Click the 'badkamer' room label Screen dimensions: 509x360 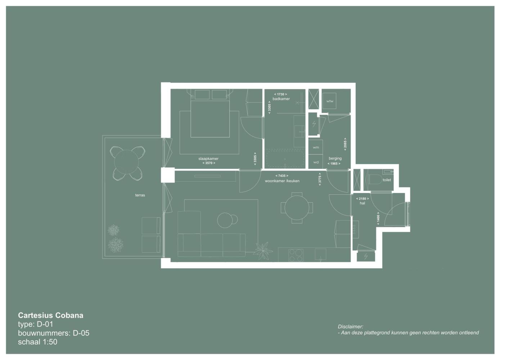coord(281,99)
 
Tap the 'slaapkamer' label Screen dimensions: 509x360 coord(208,159)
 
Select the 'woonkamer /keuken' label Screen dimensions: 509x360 coord(282,181)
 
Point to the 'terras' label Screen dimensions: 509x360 coord(140,195)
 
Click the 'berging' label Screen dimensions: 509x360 coord(335,158)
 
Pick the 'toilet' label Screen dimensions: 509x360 coord(387,180)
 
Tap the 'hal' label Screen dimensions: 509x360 coord(362,203)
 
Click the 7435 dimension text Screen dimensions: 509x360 coord(282,176)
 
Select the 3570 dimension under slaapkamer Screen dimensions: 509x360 coord(209,163)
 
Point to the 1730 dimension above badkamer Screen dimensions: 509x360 coord(280,94)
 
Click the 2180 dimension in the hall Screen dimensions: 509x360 coord(362,199)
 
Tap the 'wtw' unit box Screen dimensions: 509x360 coord(329,101)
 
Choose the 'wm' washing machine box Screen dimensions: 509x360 coord(316,147)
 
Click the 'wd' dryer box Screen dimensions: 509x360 coord(316,162)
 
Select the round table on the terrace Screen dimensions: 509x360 coord(126,162)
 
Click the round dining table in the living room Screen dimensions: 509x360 coord(297,208)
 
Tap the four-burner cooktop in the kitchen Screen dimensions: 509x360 coord(296,255)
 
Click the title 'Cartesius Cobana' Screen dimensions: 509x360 coord(51,315)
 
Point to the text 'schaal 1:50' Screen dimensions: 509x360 coord(37,342)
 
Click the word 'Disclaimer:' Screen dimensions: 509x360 coord(350,327)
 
